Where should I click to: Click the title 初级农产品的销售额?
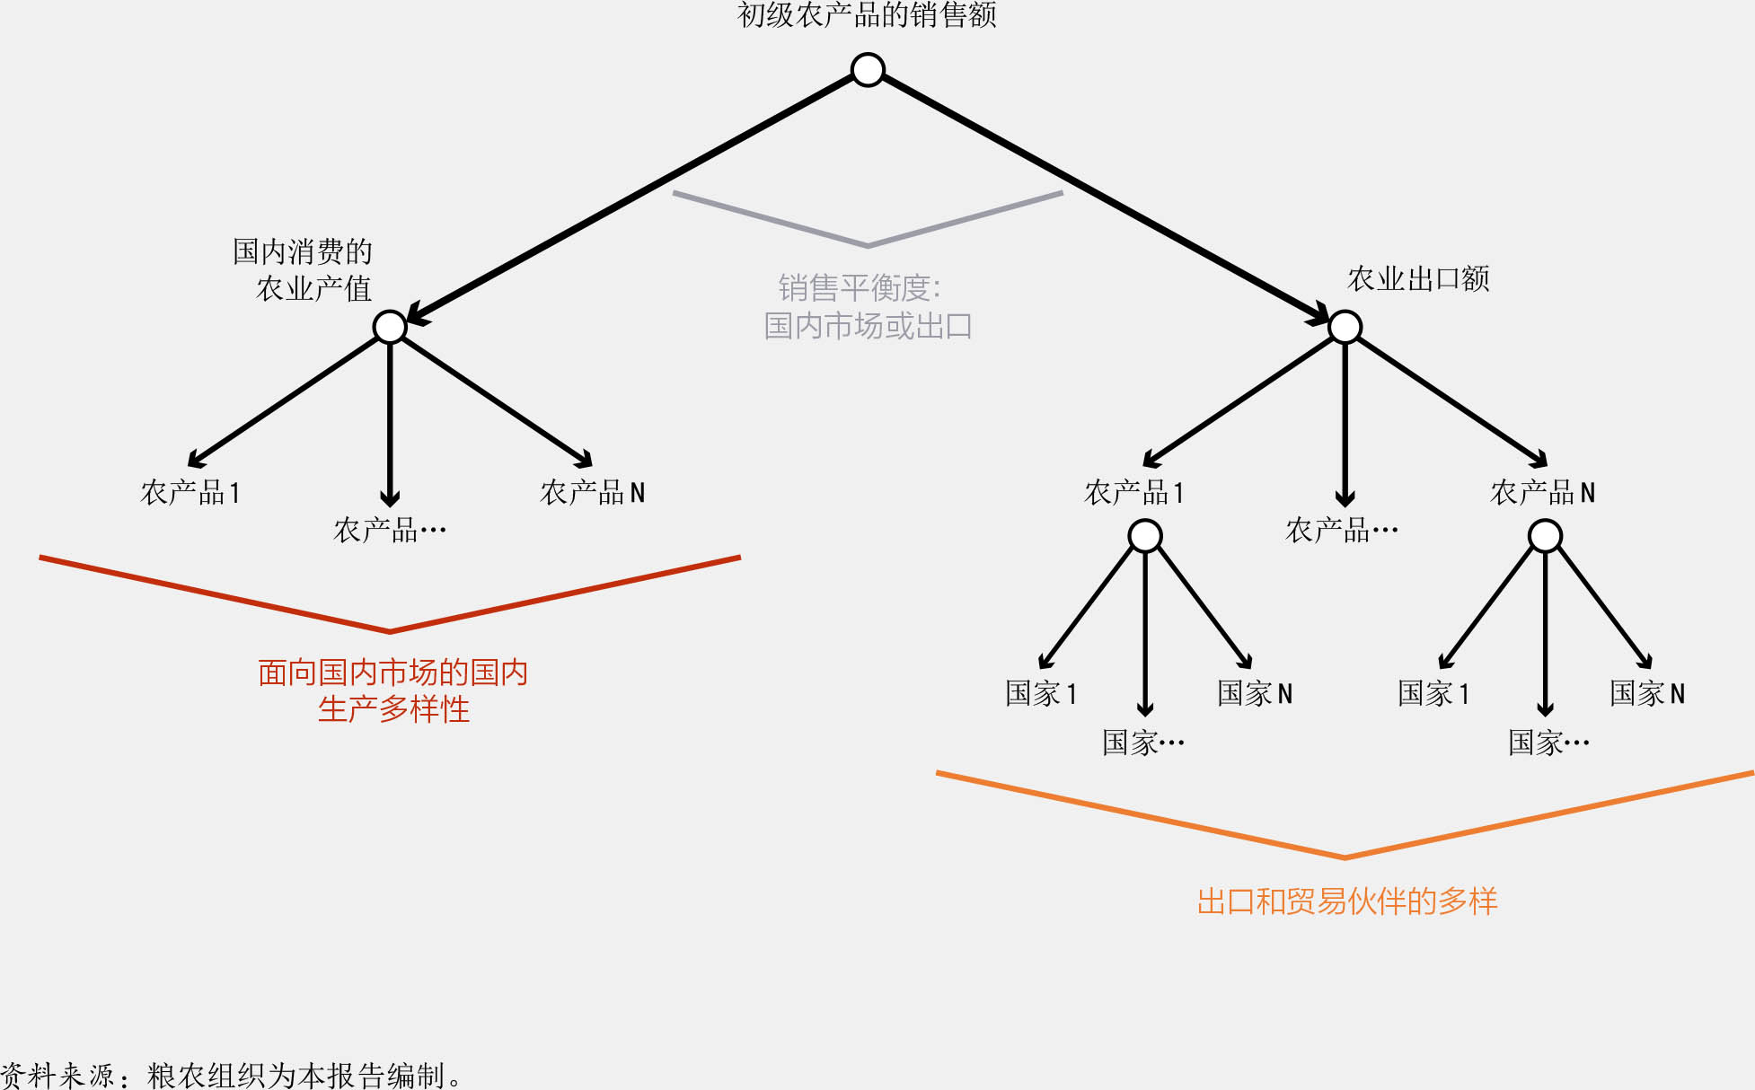point(867,15)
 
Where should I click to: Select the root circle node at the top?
point(868,70)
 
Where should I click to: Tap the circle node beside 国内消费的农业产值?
point(390,327)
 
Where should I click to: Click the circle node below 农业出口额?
point(1345,327)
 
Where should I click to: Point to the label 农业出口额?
point(1418,279)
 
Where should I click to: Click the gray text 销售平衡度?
point(859,288)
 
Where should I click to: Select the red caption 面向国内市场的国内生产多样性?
point(392,690)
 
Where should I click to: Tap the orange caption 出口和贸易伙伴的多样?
point(1346,901)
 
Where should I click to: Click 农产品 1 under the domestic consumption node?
point(190,492)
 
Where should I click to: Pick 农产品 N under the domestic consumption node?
point(592,492)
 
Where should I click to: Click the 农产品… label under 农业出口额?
point(1342,531)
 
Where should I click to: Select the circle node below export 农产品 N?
point(1545,537)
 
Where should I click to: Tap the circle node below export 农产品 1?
point(1145,537)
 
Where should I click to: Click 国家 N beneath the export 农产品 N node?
point(1647,693)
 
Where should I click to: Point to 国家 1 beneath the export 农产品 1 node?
point(1041,693)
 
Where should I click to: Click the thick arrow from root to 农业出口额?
point(1105,198)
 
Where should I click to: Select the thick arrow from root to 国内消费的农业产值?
point(629,198)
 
